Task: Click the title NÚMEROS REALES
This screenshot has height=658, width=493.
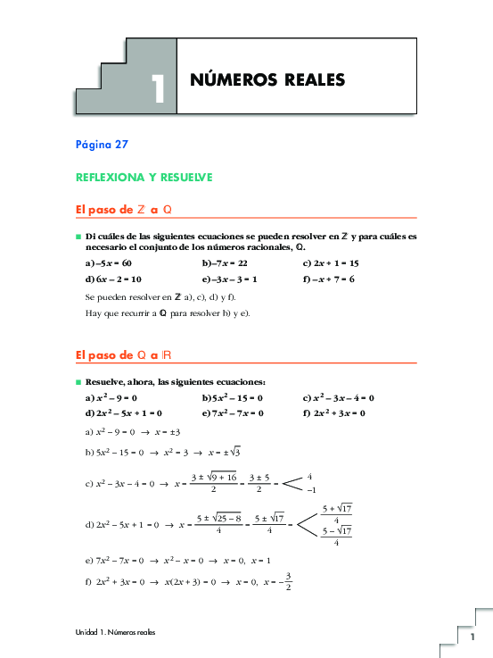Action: [x=267, y=80]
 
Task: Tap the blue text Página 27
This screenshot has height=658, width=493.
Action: [x=105, y=143]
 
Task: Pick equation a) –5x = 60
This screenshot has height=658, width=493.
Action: [x=108, y=263]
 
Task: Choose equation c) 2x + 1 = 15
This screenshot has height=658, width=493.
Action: [x=331, y=263]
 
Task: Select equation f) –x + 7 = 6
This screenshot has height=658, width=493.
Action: [x=329, y=279]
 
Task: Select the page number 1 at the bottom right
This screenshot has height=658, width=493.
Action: [x=473, y=637]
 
